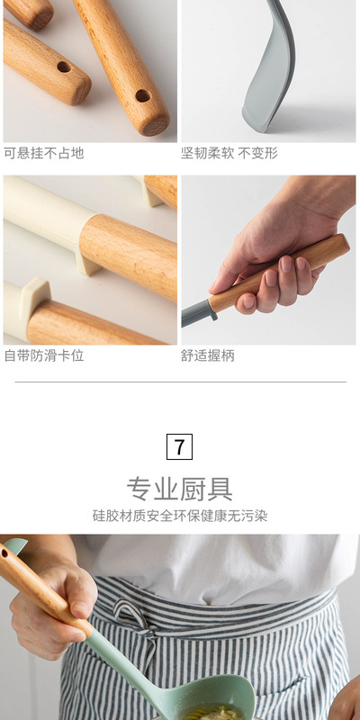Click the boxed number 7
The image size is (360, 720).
click(x=179, y=446)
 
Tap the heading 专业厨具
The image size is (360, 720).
click(x=179, y=489)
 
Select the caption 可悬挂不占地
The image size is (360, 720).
click(x=44, y=153)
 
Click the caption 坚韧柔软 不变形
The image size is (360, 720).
click(x=229, y=153)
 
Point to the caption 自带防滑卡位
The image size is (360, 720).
click(x=44, y=355)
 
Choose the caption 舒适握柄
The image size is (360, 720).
click(x=208, y=355)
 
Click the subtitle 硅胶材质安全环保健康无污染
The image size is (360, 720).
click(x=179, y=516)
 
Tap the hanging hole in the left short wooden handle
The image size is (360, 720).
click(x=64, y=67)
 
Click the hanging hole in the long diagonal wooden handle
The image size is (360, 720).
click(x=143, y=96)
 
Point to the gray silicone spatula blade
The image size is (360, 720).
click(x=270, y=69)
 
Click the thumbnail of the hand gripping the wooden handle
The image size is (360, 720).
click(x=268, y=260)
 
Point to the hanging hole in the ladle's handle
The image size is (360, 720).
click(x=4, y=553)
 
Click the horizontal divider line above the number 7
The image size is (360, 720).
click(x=180, y=382)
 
